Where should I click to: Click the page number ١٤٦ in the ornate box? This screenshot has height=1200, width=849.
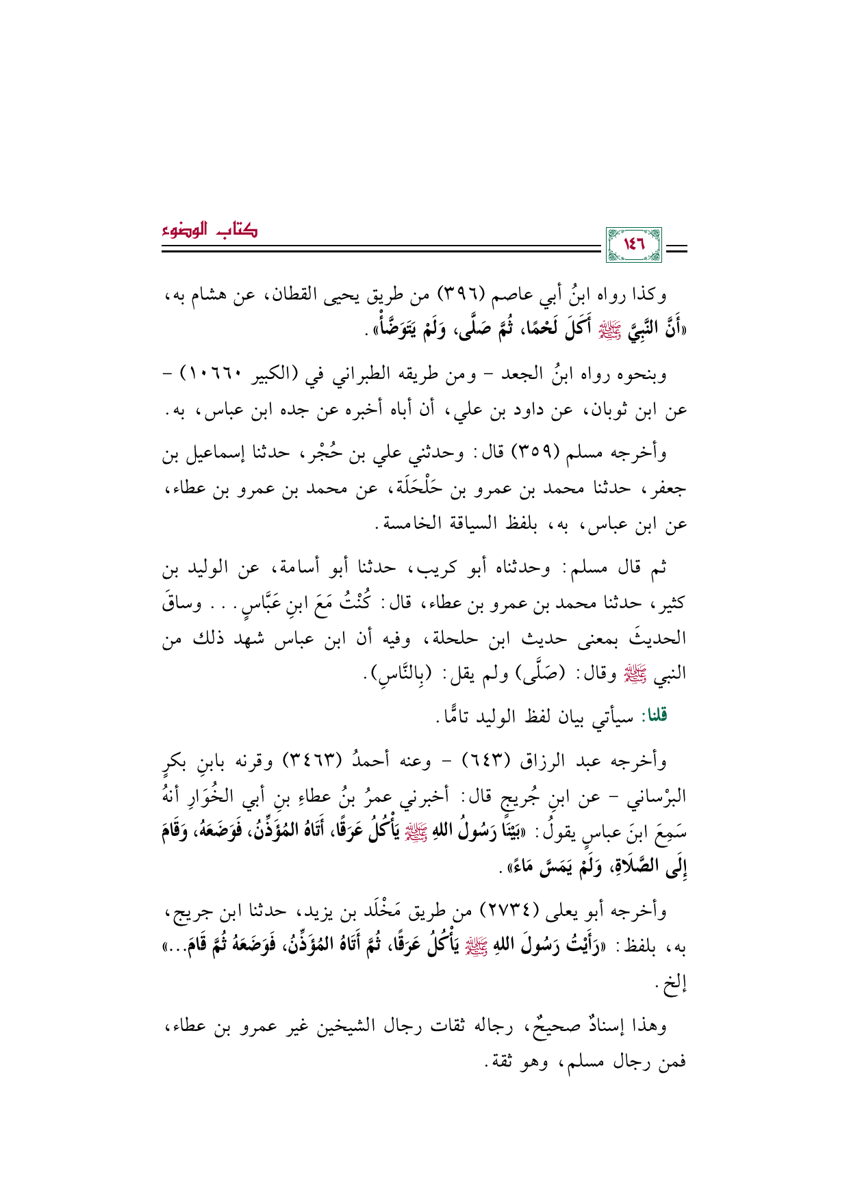point(633,244)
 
